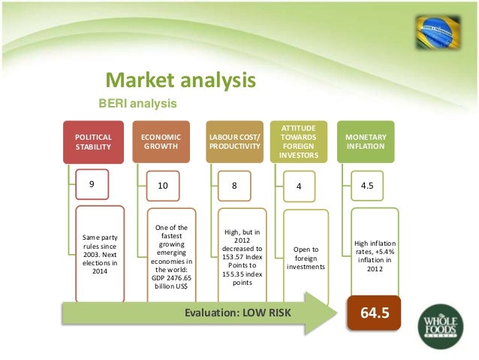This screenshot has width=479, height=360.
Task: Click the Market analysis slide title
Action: pyautogui.click(x=180, y=80)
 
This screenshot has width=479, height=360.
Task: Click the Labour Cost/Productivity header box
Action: pyautogui.click(x=235, y=142)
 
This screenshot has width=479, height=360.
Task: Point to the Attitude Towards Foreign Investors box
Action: pyautogui.click(x=300, y=142)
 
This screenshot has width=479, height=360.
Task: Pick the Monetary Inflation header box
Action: pyautogui.click(x=366, y=142)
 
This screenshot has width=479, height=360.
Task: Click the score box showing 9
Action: pyautogui.click(x=92, y=183)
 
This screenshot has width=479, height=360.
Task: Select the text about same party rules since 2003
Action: pyautogui.click(x=98, y=256)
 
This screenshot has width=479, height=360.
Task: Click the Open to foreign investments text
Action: pyautogui.click(x=306, y=256)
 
